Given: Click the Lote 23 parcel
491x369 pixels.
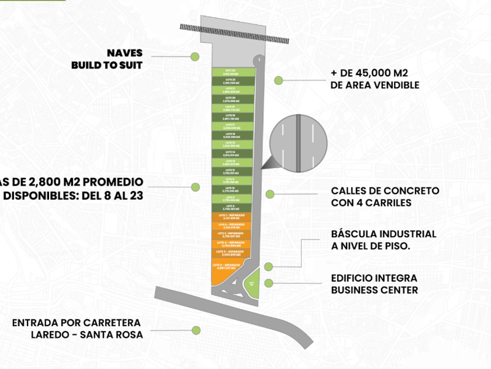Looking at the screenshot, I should (x=231, y=72).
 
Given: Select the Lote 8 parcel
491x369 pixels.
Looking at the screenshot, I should (x=231, y=207).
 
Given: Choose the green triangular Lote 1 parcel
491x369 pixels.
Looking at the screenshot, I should (x=251, y=283).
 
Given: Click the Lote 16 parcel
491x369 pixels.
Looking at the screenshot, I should (x=231, y=135).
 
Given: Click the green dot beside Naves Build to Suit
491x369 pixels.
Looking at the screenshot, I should (x=195, y=57).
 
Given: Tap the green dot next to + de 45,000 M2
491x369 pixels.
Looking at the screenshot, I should (x=279, y=80).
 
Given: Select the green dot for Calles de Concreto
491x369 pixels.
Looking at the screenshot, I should (x=269, y=194).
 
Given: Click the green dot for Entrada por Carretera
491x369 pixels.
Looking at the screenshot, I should (x=196, y=330).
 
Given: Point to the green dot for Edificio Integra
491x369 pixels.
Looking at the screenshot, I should (x=268, y=283).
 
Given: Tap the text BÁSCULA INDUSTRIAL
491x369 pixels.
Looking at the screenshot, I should (x=383, y=234).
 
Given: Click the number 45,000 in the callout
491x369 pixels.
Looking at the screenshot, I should (x=368, y=74).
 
